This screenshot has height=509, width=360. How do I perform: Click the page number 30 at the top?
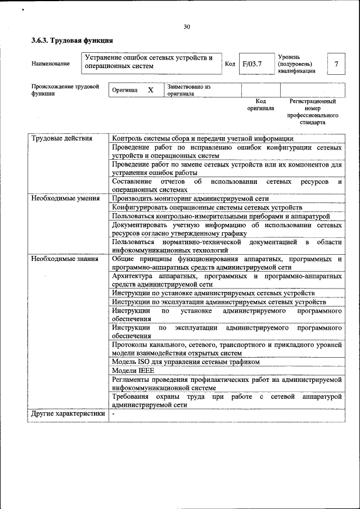click(x=187, y=26)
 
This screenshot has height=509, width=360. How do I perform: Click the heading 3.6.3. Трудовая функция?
click(x=73, y=40)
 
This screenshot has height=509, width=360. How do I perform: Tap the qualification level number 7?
click(x=336, y=64)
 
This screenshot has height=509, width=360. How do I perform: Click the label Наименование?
click(x=51, y=64)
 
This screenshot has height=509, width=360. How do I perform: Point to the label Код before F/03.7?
click(x=229, y=64)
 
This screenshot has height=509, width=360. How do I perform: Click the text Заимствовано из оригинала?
click(x=188, y=91)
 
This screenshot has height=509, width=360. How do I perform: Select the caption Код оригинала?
click(x=260, y=105)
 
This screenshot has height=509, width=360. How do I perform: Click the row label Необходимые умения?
click(x=66, y=198)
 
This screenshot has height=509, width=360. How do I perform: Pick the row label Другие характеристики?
click(x=68, y=415)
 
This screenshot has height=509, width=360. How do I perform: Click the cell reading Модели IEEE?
click(x=133, y=371)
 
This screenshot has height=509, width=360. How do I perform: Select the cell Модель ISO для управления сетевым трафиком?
click(x=186, y=362)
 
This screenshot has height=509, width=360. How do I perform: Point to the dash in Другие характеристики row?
click(x=113, y=415)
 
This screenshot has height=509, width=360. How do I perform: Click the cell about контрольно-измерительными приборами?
click(x=220, y=216)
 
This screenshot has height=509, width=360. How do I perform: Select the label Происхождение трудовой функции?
click(x=65, y=91)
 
